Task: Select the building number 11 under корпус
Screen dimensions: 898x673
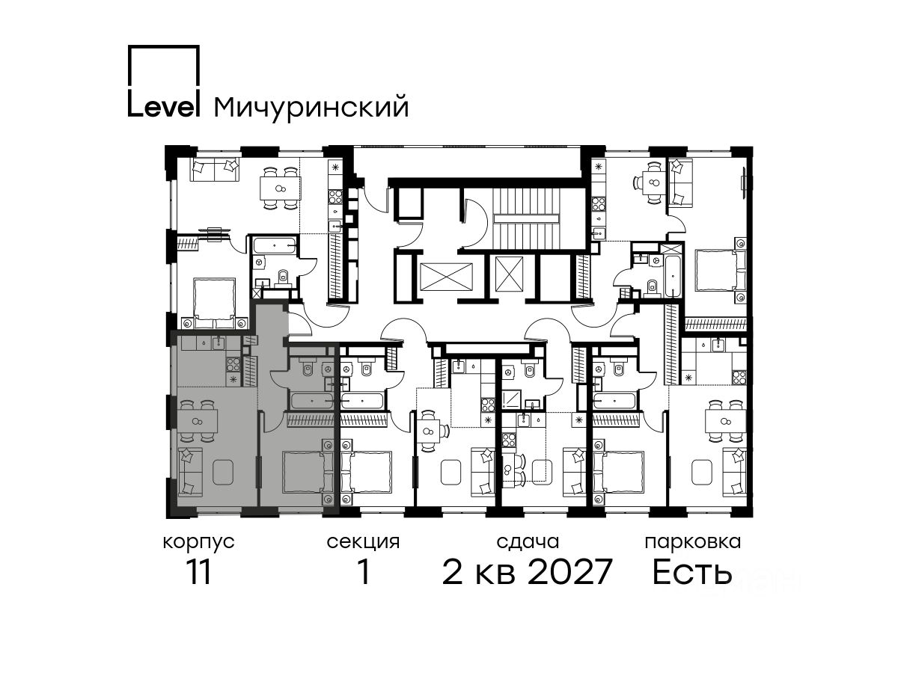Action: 198,572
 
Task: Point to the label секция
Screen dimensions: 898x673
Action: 363,542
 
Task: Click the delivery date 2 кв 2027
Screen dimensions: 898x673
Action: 528,571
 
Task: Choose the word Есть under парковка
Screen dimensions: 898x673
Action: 692,572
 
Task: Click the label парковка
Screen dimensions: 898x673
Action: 693,543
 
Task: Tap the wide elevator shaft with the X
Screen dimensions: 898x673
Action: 446,277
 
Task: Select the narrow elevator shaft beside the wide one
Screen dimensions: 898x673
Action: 510,274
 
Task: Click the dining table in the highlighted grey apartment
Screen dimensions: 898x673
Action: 197,422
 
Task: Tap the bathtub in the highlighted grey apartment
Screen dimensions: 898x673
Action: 312,402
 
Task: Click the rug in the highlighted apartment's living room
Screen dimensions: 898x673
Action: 223,472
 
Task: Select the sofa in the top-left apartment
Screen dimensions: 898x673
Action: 215,170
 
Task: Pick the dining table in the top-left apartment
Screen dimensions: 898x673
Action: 280,188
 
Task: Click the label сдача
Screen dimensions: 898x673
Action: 528,542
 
